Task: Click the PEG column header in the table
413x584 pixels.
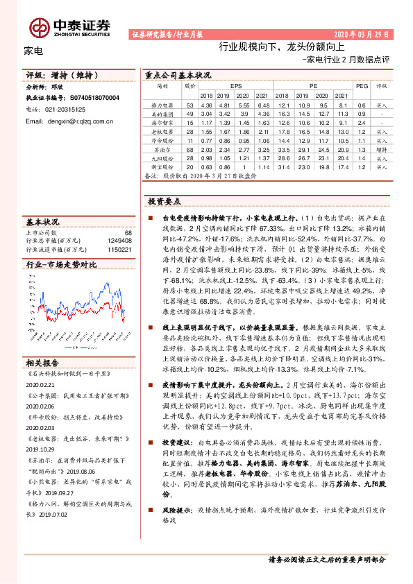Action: (x=361, y=86)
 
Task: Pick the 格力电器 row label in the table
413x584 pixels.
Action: (x=162, y=104)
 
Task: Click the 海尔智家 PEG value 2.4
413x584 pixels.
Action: (x=361, y=122)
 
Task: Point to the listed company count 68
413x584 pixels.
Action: (x=128, y=233)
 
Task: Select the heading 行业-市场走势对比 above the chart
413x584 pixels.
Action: (x=60, y=264)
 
